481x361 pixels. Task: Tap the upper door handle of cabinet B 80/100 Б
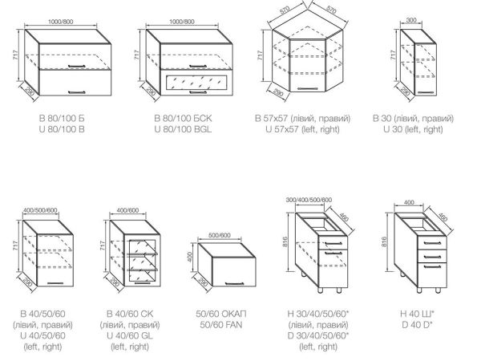click(x=76, y=66)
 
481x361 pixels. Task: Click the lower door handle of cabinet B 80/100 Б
click(x=76, y=91)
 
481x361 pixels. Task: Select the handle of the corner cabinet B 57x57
click(x=307, y=89)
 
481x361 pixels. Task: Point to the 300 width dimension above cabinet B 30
click(x=411, y=20)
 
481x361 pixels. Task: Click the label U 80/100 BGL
click(x=183, y=129)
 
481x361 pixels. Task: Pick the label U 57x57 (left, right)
click(x=302, y=129)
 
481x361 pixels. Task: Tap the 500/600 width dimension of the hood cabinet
click(x=220, y=235)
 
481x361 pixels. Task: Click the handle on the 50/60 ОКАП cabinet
click(x=235, y=283)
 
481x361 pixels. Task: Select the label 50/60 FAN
click(x=221, y=324)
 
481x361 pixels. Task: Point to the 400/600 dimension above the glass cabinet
click(x=128, y=210)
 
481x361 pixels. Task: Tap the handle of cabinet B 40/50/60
click(x=55, y=282)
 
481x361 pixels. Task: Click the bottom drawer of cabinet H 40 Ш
click(x=432, y=275)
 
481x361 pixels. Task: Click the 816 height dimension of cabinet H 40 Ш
click(x=385, y=241)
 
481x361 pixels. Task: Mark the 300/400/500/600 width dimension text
click(x=309, y=200)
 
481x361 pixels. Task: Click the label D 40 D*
click(x=417, y=324)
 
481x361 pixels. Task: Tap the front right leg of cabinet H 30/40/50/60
click(x=339, y=290)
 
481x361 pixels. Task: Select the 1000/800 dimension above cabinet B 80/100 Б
click(x=61, y=22)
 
